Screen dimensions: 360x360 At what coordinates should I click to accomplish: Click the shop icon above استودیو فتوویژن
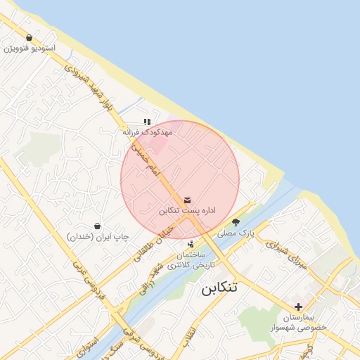(x=29, y=38)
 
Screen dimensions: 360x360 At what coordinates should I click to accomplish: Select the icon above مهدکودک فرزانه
(x=147, y=122)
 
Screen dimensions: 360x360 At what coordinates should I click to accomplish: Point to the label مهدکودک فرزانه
(x=147, y=131)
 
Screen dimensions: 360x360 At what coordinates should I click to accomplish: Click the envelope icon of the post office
(x=186, y=200)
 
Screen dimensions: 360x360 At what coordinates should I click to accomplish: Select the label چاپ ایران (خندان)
(x=98, y=237)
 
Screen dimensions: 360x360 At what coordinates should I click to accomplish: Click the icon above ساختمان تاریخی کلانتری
(x=191, y=244)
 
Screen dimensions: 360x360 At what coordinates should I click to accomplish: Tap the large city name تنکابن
(x=219, y=288)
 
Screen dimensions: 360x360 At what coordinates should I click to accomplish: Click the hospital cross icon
(x=299, y=307)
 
